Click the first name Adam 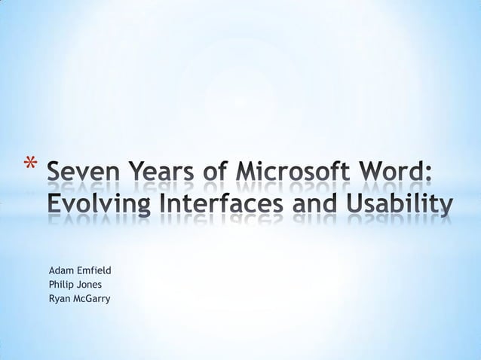click(60, 270)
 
